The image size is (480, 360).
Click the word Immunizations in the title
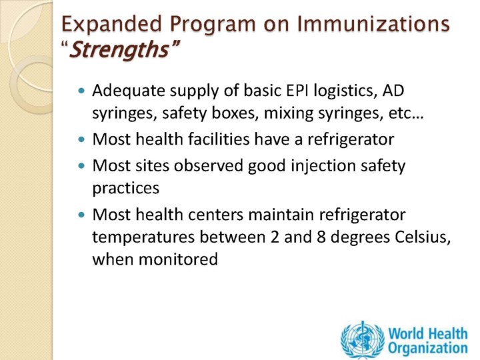pyautogui.click(x=373, y=24)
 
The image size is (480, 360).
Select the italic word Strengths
pyautogui.click(x=119, y=49)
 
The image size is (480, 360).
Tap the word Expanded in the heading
pyautogui.click(x=111, y=25)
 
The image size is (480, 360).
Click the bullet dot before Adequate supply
pyautogui.click(x=81, y=91)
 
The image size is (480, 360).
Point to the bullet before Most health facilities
pyautogui.click(x=81, y=139)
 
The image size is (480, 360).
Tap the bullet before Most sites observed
pyautogui.click(x=81, y=166)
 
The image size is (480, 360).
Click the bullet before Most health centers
pyautogui.click(x=81, y=215)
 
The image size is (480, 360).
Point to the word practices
pyautogui.click(x=126, y=188)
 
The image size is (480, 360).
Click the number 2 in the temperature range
pyautogui.click(x=275, y=237)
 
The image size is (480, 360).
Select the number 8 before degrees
pyautogui.click(x=321, y=237)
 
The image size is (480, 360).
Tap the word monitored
pyautogui.click(x=178, y=259)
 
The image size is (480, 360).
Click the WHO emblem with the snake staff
pyautogui.click(x=363, y=339)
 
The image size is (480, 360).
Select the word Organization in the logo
pyautogui.click(x=428, y=349)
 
